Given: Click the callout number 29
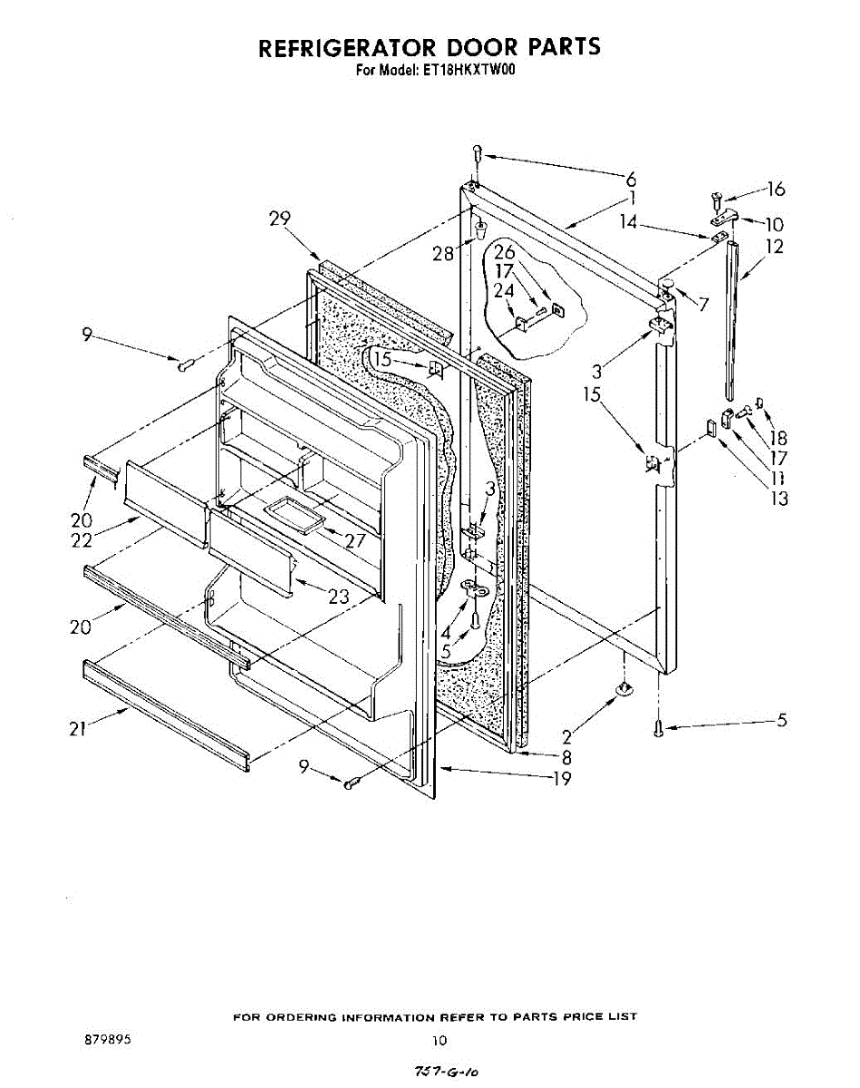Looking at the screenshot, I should pyautogui.click(x=280, y=218).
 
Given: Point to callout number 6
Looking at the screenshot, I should pyautogui.click(x=632, y=179).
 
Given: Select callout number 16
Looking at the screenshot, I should pyautogui.click(x=776, y=189).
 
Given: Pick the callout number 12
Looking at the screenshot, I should pyautogui.click(x=775, y=247).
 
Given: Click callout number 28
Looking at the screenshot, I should pyautogui.click(x=443, y=254).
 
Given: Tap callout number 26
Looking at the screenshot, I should pyautogui.click(x=505, y=252).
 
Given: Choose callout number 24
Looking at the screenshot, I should pyautogui.click(x=504, y=290).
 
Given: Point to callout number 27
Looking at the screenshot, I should pyautogui.click(x=354, y=541).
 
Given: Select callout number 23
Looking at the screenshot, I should pyautogui.click(x=339, y=598).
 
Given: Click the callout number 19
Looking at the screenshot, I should pyautogui.click(x=562, y=778).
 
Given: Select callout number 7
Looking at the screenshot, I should pyautogui.click(x=703, y=305).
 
